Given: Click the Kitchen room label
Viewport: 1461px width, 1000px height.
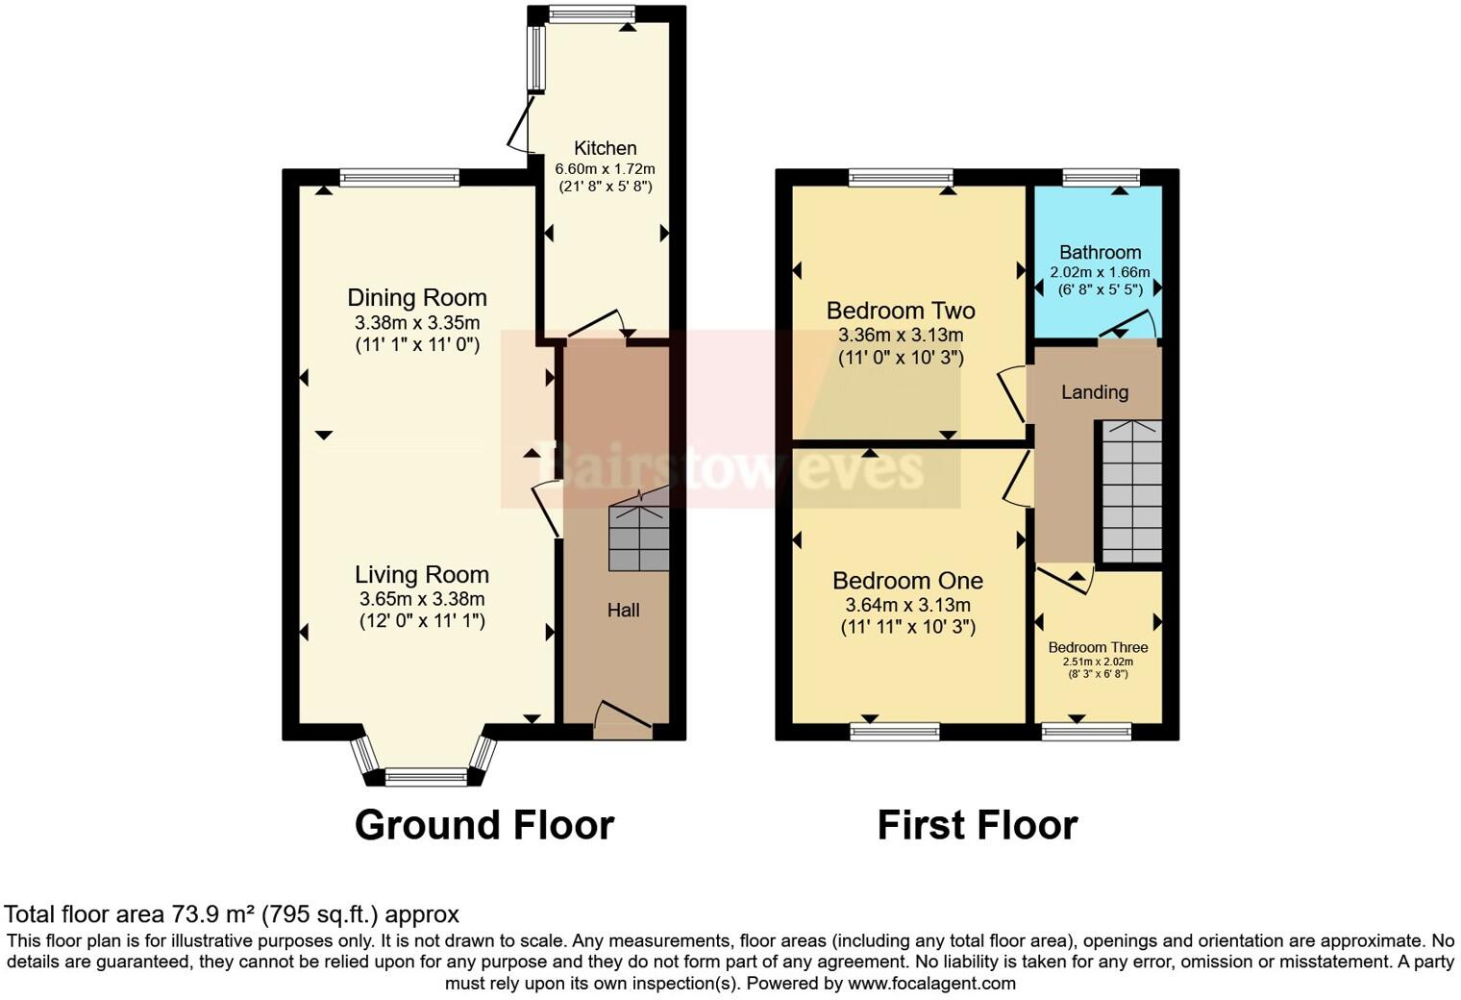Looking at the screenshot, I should point(605,148).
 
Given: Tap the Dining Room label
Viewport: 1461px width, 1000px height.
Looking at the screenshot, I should point(417,298).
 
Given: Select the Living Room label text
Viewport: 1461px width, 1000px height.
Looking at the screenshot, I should point(422,575).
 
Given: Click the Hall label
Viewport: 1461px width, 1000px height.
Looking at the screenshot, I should point(623,611).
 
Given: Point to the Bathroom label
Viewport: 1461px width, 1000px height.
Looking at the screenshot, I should point(1100,253).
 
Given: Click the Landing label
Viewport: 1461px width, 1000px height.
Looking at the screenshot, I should point(1094,392).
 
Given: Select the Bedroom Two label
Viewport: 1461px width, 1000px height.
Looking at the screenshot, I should point(901,311).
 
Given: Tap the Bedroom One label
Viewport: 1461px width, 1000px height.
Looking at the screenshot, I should point(907,581).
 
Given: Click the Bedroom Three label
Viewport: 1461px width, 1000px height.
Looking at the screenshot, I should point(1098,647).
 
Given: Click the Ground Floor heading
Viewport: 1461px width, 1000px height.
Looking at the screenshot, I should point(483,825).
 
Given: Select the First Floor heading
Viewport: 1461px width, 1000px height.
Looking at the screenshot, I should point(978,825).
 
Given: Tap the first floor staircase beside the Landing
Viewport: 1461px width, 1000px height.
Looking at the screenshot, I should point(1131,491).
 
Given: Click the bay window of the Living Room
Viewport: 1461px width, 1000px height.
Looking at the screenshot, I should point(424,776).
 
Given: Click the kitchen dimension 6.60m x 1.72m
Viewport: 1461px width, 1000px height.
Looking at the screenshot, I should point(605,169).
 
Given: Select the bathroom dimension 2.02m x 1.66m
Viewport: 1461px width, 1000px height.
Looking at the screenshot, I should point(1100,272).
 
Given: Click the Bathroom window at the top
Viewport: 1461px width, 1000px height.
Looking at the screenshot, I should point(1101,177).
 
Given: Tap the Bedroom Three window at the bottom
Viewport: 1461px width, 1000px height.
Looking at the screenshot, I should point(1086,732).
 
